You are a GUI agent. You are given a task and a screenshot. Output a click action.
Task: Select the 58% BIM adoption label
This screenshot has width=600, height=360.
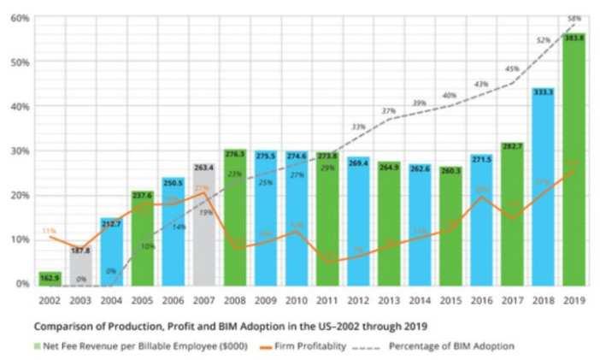tap(574, 19)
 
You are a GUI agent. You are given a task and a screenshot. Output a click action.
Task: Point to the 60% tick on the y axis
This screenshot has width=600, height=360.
tap(21, 18)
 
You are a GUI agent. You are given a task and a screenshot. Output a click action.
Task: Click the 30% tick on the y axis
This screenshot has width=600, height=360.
tap(21, 151)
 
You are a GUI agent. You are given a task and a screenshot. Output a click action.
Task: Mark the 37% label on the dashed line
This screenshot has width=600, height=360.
tap(389, 112)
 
